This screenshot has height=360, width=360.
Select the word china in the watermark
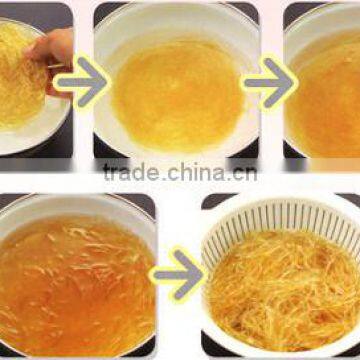(195, 172)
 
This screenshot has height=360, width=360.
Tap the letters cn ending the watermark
(243, 172)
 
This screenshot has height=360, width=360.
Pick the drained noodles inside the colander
(280, 295)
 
